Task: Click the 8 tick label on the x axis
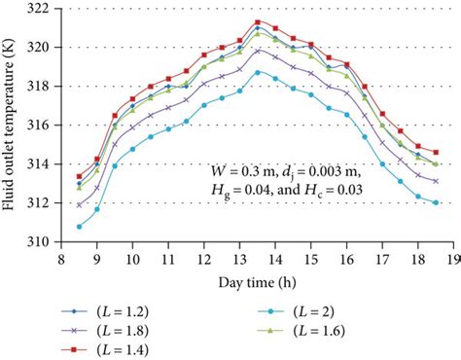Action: click(60, 259)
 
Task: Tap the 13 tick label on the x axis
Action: click(239, 259)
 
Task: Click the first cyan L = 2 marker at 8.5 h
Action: click(79, 227)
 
